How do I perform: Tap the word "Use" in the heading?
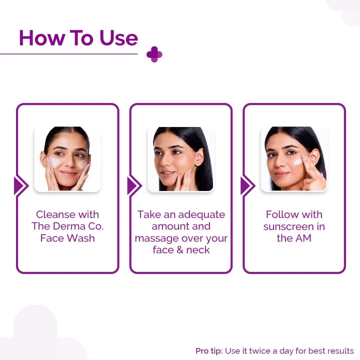[118, 38]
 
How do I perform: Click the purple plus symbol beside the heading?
[154, 54]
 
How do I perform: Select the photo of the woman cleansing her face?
[67, 159]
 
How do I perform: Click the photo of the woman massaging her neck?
[180, 159]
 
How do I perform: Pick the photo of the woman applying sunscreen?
[294, 159]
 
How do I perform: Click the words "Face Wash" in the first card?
[67, 238]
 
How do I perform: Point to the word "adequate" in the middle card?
[202, 214]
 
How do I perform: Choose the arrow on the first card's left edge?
[20, 186]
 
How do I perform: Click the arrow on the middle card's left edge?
[133, 186]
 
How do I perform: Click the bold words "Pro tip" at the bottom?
[208, 351]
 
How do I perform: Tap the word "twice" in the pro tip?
[258, 351]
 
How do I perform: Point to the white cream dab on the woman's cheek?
[298, 161]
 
